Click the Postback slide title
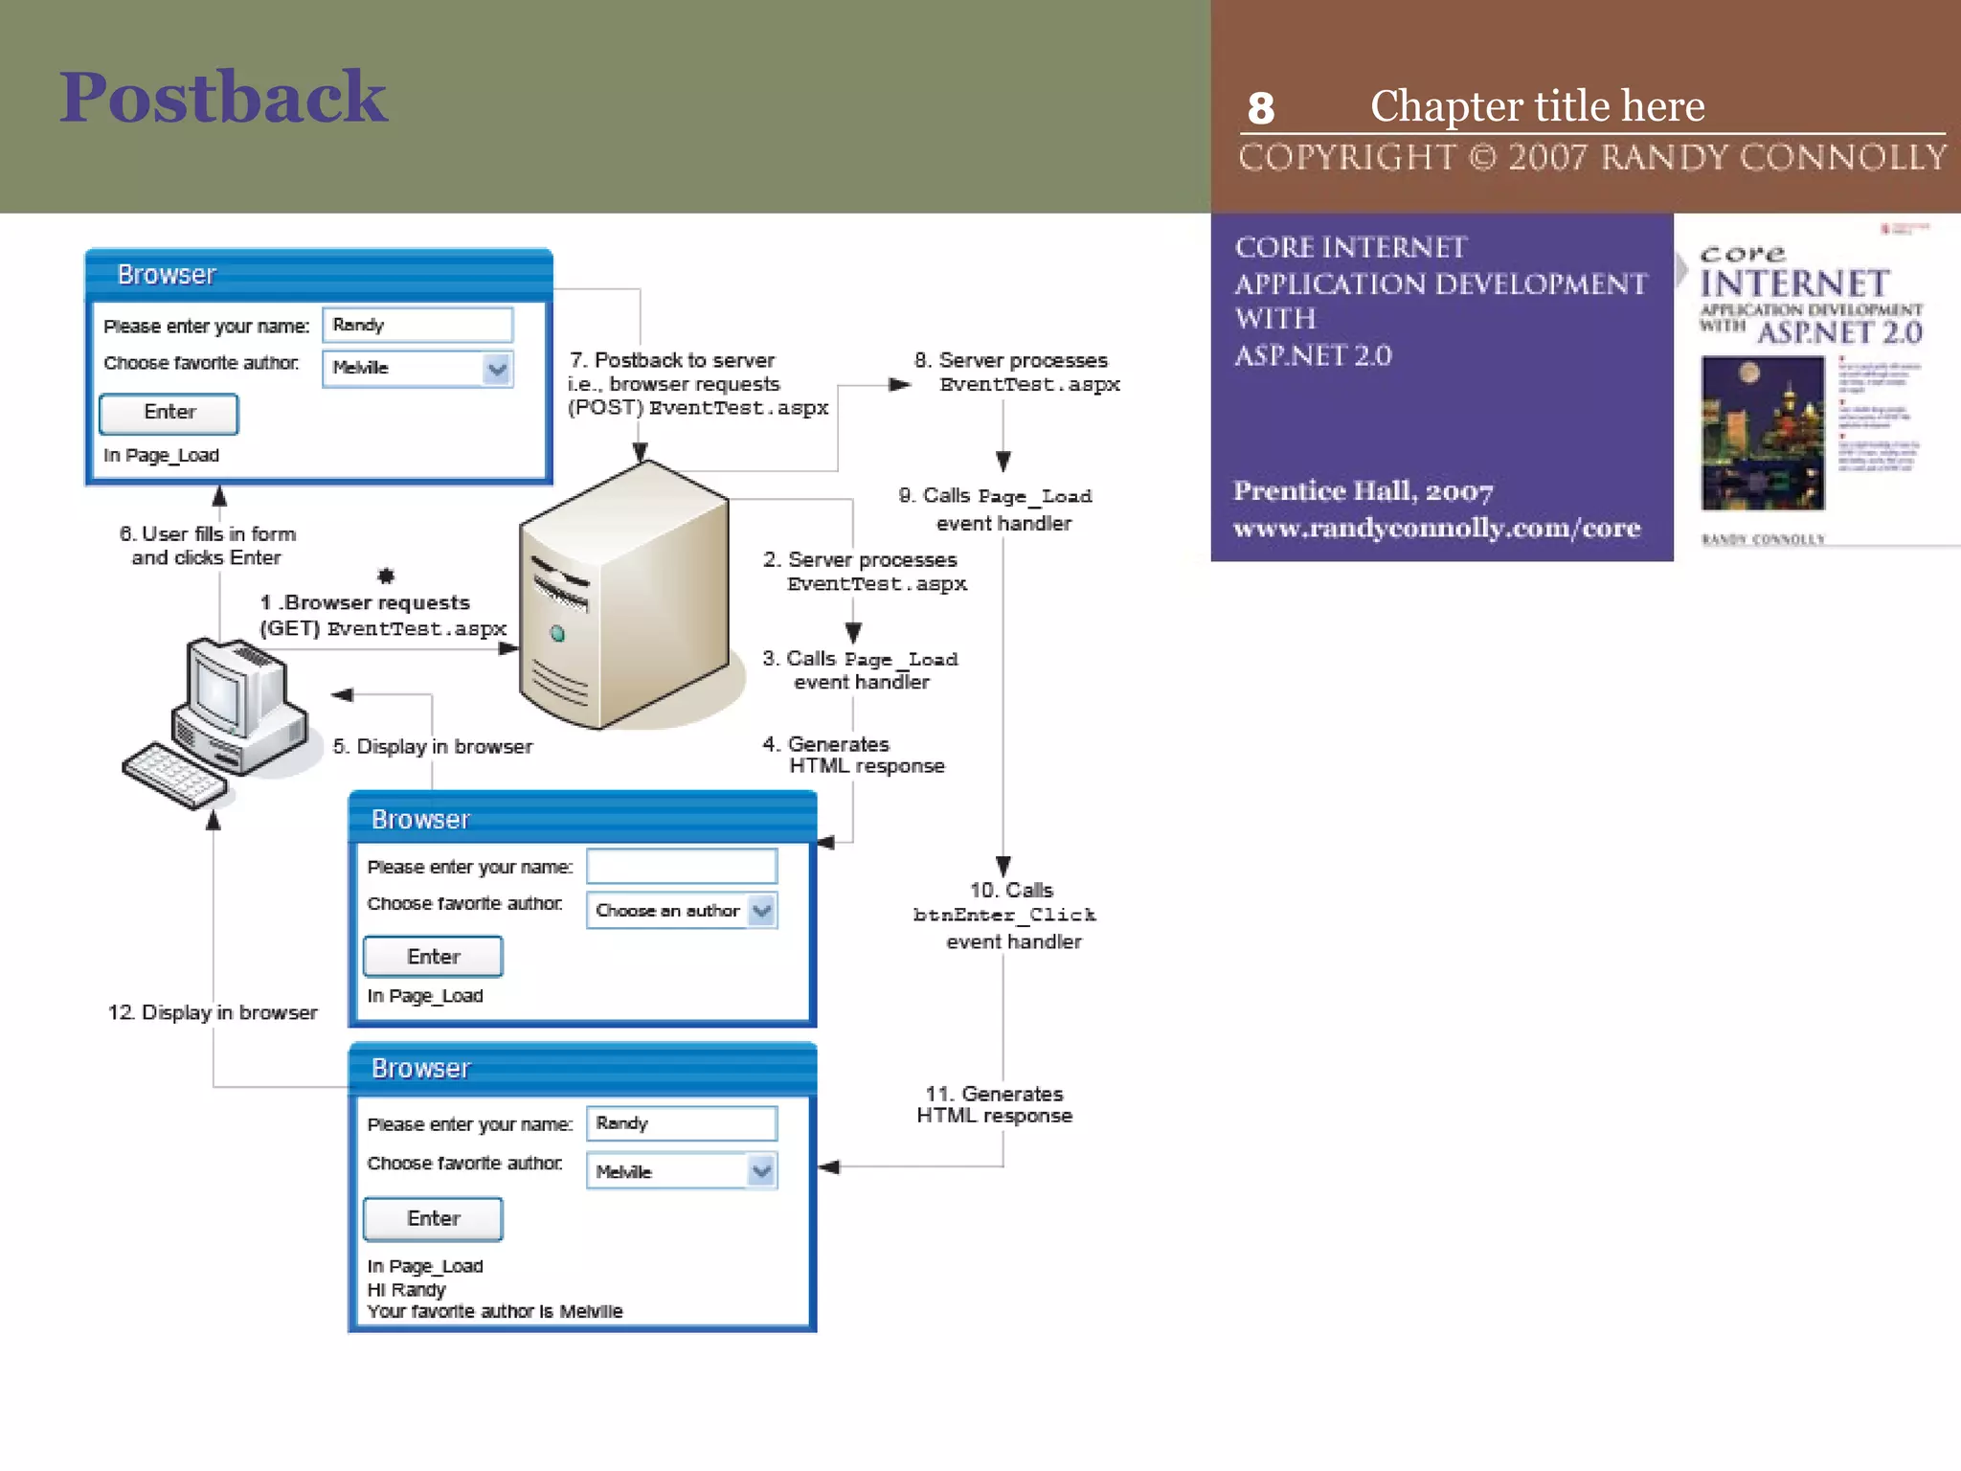[x=223, y=98]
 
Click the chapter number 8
[x=1260, y=108]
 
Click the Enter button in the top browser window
[x=169, y=413]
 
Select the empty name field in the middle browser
[x=681, y=867]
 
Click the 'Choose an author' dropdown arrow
[x=762, y=911]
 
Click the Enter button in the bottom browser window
[x=433, y=1218]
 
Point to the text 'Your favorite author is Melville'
[x=494, y=1311]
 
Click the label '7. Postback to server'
[x=672, y=360]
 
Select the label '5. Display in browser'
[x=432, y=746]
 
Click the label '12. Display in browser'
[x=212, y=1012]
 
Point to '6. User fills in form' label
[x=207, y=534]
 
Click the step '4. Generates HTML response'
[x=853, y=755]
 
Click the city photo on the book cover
[x=1762, y=433]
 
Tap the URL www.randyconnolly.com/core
[x=1436, y=528]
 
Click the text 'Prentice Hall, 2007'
[x=1363, y=491]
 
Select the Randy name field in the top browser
[x=417, y=325]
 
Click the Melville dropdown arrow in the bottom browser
[x=762, y=1171]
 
